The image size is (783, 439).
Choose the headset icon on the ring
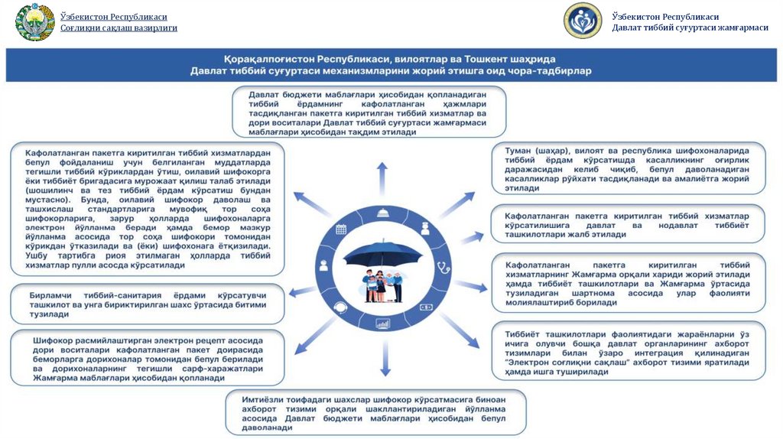pyautogui.click(x=340, y=306)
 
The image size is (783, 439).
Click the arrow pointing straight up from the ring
pyautogui.click(x=382, y=173)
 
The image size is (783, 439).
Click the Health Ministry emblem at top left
pyautogui.click(x=34, y=22)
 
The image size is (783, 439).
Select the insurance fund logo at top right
pyautogui.click(x=583, y=21)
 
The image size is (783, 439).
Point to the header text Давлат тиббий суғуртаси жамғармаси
pyautogui.click(x=690, y=28)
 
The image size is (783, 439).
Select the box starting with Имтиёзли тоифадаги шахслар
pyautogui.click(x=375, y=413)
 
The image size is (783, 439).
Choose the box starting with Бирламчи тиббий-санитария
pyautogui.click(x=147, y=304)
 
